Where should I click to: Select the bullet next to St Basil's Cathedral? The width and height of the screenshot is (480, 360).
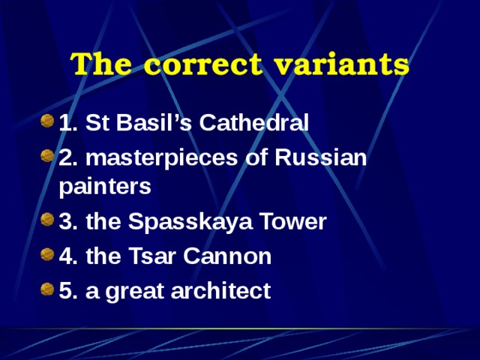tap(47, 121)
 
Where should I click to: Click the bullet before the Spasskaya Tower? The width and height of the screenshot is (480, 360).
tap(47, 221)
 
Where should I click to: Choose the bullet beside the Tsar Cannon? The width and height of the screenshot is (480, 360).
tap(47, 256)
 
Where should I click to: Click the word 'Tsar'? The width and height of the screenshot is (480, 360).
tap(144, 256)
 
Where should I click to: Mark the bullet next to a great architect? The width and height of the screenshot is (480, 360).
tap(47, 289)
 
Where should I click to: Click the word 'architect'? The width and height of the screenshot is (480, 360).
tap(225, 290)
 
